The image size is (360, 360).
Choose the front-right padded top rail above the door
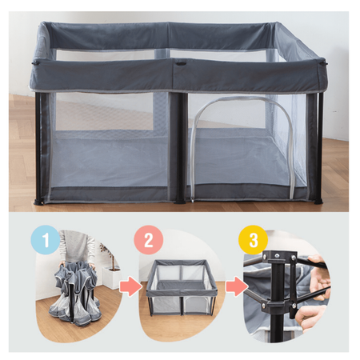click(x=248, y=76)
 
